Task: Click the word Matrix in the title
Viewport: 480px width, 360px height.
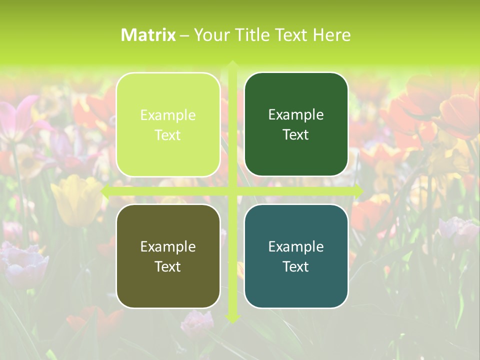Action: point(148,35)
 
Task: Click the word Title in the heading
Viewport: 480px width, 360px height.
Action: point(252,35)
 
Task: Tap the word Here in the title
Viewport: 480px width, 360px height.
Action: point(332,35)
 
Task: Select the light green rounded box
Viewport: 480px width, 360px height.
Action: point(168,124)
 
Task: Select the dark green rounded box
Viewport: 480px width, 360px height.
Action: point(296,124)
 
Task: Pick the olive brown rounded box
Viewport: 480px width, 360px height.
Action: point(168,256)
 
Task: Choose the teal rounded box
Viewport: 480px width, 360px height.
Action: point(296,256)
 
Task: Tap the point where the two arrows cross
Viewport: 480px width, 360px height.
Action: point(232,191)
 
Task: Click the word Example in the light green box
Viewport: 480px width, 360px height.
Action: point(168,115)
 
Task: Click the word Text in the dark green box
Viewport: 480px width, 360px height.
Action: point(296,135)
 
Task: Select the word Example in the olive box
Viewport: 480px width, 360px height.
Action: point(168,246)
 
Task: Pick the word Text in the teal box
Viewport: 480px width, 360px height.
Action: point(296,266)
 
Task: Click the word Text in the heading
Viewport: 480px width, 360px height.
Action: point(291,35)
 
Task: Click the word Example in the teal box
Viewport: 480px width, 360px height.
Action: point(296,246)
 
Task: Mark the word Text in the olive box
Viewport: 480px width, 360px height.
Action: point(168,266)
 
